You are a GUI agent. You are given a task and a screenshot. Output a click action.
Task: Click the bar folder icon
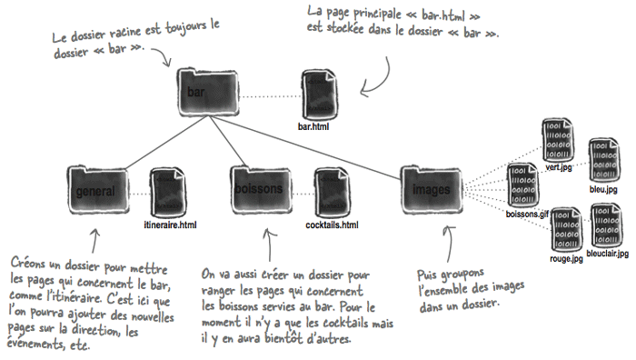tap(208, 93)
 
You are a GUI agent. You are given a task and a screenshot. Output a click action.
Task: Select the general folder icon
tap(98, 189)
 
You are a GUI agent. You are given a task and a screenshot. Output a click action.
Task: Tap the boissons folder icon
tap(262, 189)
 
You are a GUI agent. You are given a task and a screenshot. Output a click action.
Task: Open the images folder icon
tap(432, 189)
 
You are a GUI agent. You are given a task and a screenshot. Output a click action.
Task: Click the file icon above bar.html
tap(320, 95)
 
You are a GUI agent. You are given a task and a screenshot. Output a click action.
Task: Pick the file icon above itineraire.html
tap(168, 194)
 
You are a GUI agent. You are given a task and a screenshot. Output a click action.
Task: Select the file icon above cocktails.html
tap(333, 194)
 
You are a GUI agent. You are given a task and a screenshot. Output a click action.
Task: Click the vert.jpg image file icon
tap(558, 140)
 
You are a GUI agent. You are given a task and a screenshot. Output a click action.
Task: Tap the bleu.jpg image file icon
tap(604, 160)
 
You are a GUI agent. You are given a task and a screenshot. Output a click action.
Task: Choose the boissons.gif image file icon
tap(523, 185)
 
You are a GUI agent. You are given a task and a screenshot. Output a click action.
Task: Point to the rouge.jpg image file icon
tap(567, 230)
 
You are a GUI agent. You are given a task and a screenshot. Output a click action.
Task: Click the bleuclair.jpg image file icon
tap(606, 225)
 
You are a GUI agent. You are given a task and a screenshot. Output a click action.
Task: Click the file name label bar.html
tap(313, 126)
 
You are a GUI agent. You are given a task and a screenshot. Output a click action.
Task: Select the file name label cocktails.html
tap(333, 225)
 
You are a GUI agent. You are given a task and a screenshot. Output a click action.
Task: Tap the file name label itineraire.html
tap(170, 225)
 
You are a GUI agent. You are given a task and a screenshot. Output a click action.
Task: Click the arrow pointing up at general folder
tap(94, 241)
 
